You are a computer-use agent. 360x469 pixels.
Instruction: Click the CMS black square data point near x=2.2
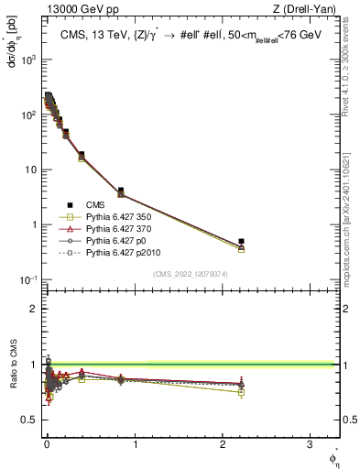[241, 241]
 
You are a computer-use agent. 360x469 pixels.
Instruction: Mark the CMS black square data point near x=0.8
[121, 191]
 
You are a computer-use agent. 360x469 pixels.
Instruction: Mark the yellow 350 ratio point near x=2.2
[241, 392]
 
